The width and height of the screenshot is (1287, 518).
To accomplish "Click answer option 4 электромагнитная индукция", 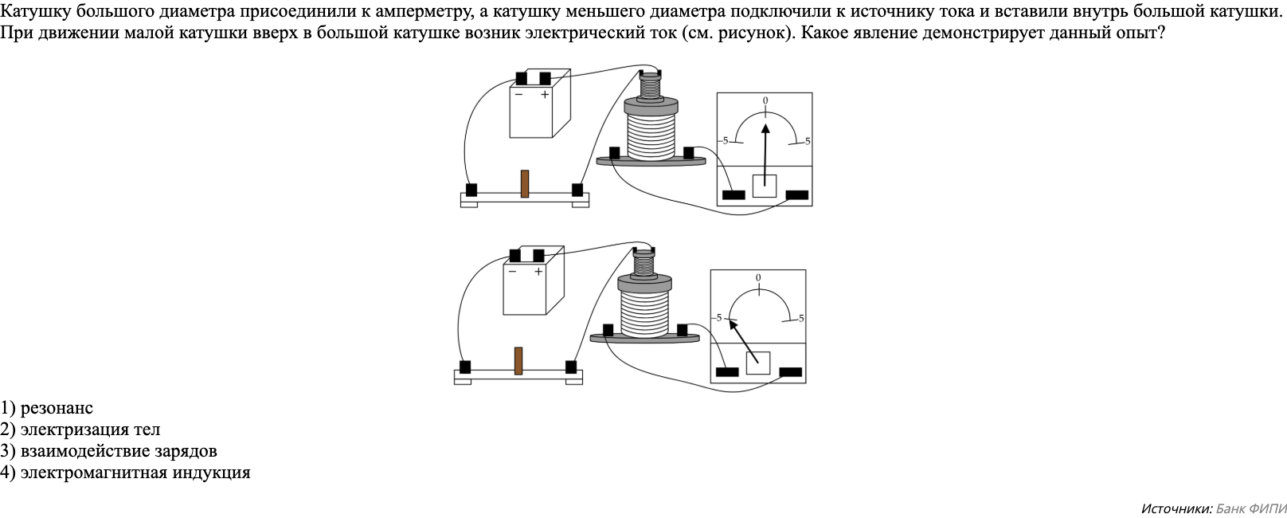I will [x=126, y=473].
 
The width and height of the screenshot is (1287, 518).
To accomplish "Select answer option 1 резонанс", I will [x=47, y=408].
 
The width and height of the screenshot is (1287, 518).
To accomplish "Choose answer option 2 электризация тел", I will [x=80, y=430].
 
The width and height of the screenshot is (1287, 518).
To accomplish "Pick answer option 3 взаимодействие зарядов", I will [x=109, y=451].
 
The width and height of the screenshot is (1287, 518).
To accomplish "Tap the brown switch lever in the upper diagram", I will [x=525, y=183].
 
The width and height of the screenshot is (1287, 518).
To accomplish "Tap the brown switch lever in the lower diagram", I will [x=518, y=360].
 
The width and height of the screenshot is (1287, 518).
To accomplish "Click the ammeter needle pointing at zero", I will [x=765, y=151].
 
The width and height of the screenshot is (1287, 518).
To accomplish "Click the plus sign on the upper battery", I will [x=545, y=95].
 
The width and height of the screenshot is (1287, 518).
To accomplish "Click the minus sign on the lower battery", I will [x=512, y=272].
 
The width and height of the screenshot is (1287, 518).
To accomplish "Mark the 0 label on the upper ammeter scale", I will [x=765, y=101].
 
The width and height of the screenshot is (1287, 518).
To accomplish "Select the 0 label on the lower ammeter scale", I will [x=758, y=278].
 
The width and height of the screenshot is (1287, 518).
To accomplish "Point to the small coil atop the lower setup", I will [x=643, y=261].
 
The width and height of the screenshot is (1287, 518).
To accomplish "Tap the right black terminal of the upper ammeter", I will [x=796, y=195].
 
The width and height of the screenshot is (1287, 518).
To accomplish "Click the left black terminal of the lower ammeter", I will [x=727, y=371].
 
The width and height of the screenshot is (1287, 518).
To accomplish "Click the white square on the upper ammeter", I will [x=765, y=186].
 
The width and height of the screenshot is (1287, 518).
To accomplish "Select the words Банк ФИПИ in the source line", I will [x=1251, y=508].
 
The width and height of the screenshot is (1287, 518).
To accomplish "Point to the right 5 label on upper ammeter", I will [x=808, y=141].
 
